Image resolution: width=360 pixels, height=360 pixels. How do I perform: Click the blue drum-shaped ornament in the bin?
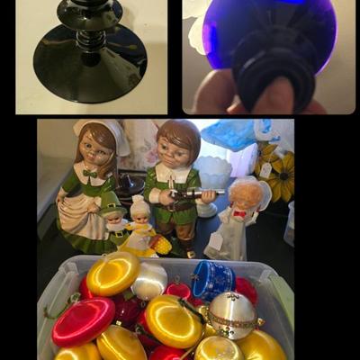[x=212, y=279]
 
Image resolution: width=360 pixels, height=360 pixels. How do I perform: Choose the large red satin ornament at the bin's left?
[x=83, y=321]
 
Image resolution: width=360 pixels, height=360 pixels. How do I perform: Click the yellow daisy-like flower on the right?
[x=279, y=175]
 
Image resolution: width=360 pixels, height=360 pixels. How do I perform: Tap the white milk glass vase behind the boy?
[x=212, y=173]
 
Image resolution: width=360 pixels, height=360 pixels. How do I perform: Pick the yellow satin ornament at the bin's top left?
[x=112, y=274]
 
